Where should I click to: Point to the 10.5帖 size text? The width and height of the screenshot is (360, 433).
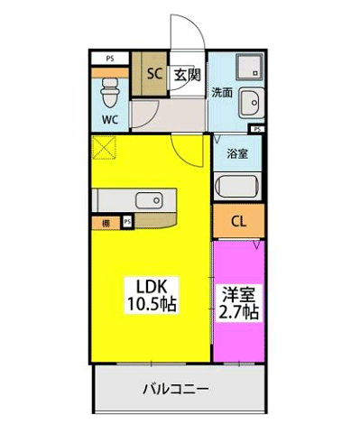150,304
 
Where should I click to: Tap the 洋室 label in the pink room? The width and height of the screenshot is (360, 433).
238,294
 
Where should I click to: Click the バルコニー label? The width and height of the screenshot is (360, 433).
177,390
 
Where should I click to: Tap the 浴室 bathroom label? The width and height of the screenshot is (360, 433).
238,152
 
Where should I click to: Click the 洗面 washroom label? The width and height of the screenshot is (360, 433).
222,92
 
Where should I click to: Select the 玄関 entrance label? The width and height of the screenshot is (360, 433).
187,75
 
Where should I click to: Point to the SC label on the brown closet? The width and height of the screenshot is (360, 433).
153,75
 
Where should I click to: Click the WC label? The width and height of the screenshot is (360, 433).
108,119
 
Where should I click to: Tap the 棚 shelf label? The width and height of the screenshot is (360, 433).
106,221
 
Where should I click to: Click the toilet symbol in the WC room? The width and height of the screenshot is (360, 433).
109,90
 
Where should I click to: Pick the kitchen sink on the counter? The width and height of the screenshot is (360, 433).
147,200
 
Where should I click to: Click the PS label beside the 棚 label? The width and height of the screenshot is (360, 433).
126,221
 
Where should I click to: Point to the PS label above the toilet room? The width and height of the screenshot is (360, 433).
110,60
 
